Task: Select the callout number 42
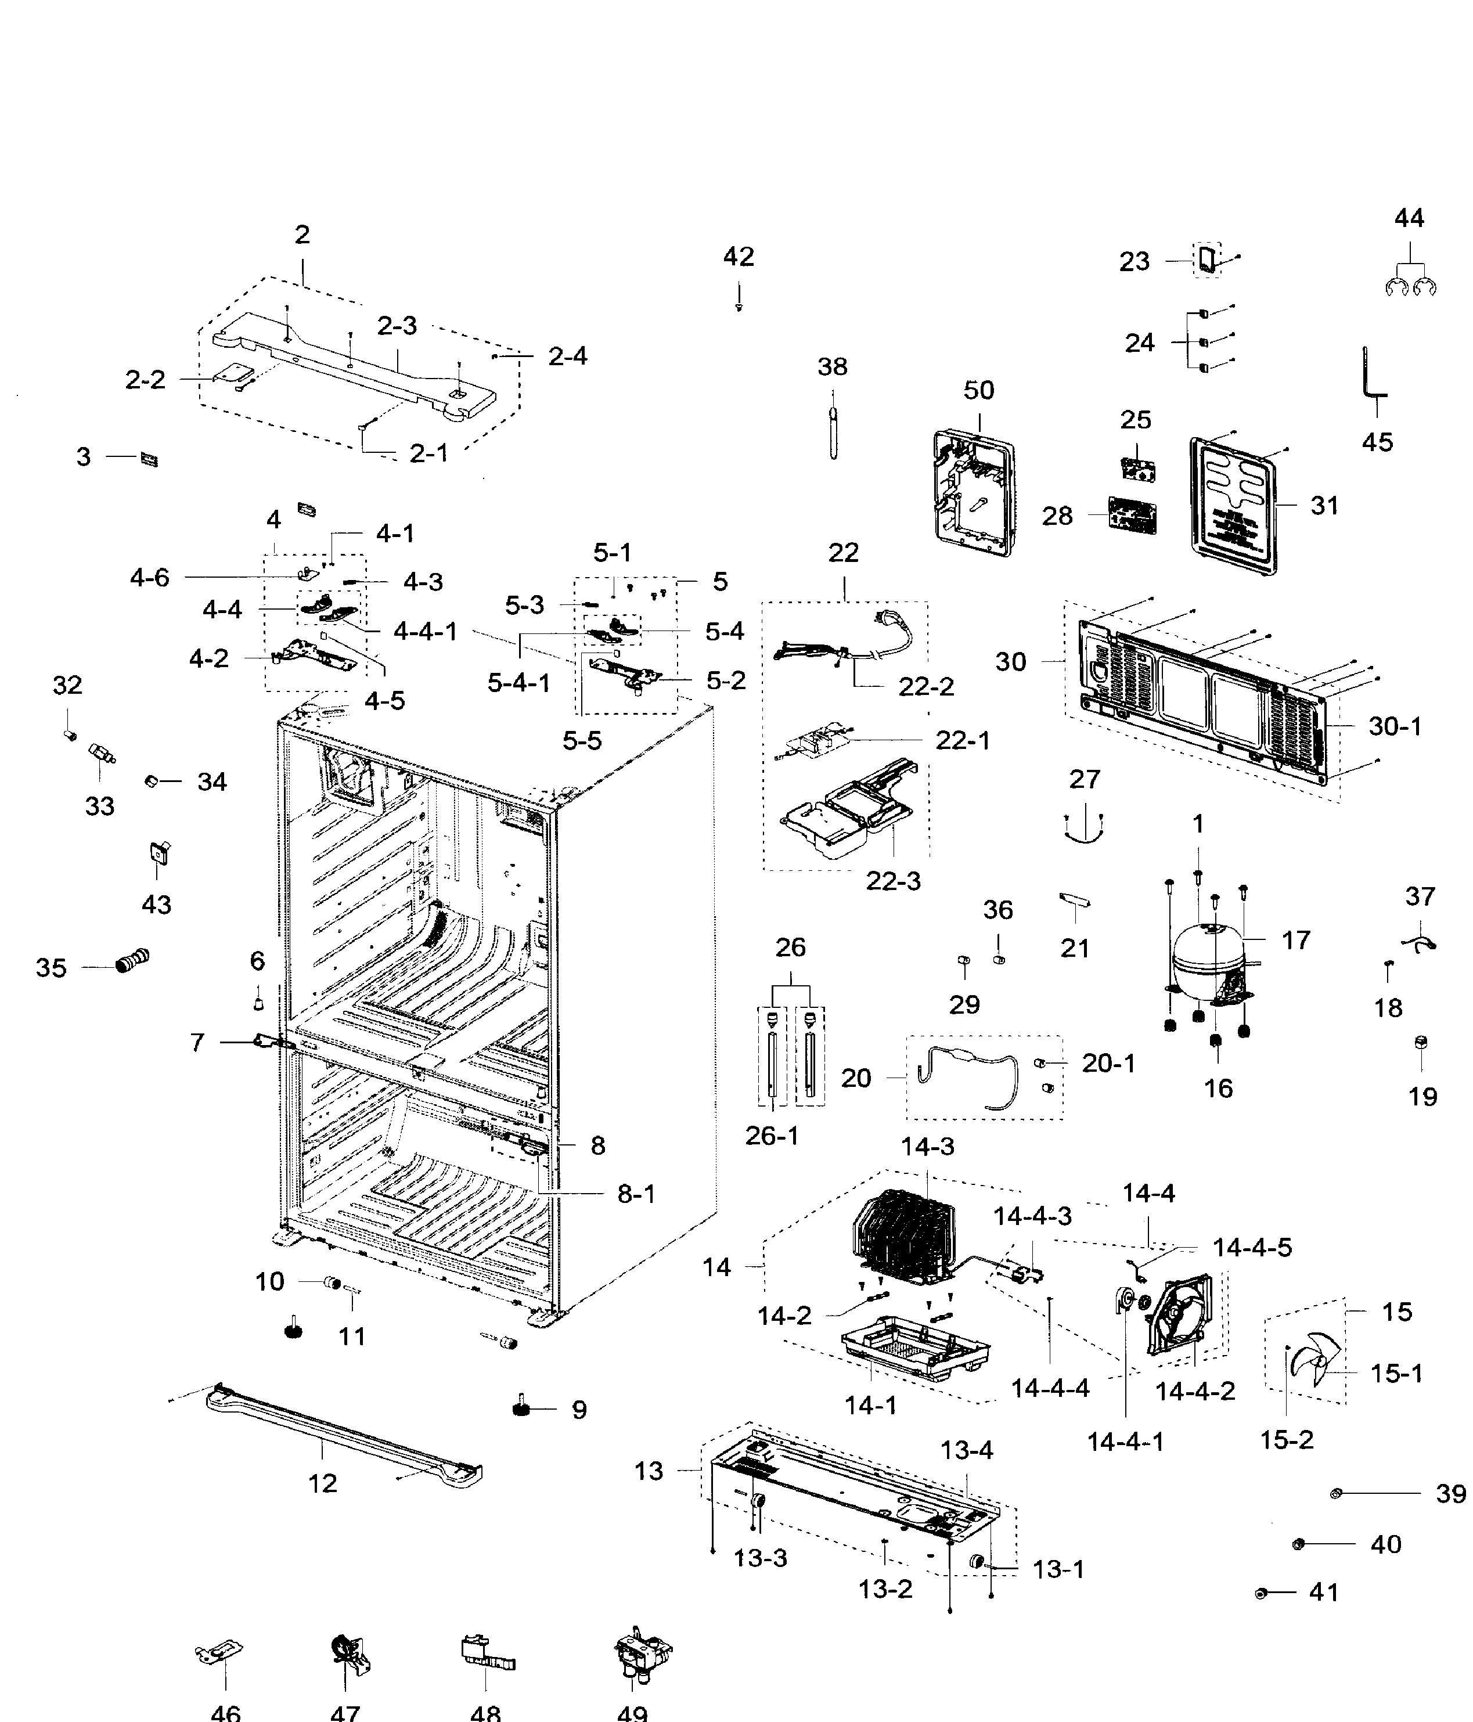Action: [x=738, y=257]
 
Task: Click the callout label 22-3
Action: [x=893, y=881]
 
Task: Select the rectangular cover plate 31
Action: [x=1233, y=506]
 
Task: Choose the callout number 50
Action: [x=978, y=390]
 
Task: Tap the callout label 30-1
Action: [x=1394, y=726]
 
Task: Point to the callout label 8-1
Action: [x=636, y=1194]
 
